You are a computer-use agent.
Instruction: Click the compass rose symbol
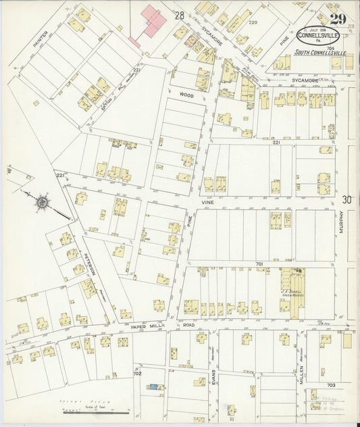click(42, 201)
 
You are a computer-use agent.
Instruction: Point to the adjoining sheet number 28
click(179, 15)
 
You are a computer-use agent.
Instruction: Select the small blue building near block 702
click(156, 387)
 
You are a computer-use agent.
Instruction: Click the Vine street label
click(207, 201)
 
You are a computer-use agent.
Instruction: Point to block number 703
click(331, 384)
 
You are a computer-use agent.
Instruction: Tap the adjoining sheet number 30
click(346, 199)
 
